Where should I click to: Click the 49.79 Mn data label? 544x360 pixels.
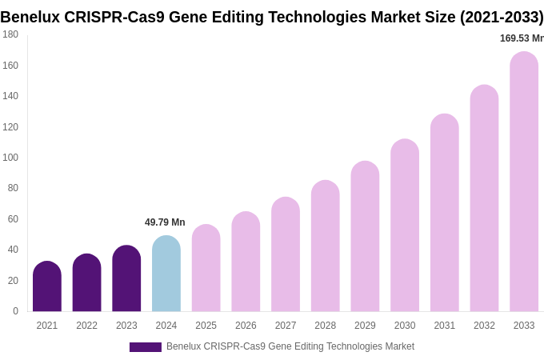(165, 222)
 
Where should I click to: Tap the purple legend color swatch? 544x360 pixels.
(146, 347)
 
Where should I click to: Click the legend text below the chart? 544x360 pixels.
(290, 346)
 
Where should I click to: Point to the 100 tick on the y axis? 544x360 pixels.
(10, 158)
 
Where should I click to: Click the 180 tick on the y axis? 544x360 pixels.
(10, 34)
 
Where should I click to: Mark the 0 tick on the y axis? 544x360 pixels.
(15, 311)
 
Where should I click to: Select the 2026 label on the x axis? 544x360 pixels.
(246, 326)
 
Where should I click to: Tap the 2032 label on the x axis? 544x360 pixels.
(484, 326)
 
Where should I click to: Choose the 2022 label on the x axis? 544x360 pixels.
(86, 326)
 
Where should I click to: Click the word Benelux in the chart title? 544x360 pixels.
(30, 17)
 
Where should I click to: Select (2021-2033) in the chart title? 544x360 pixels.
(502, 17)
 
